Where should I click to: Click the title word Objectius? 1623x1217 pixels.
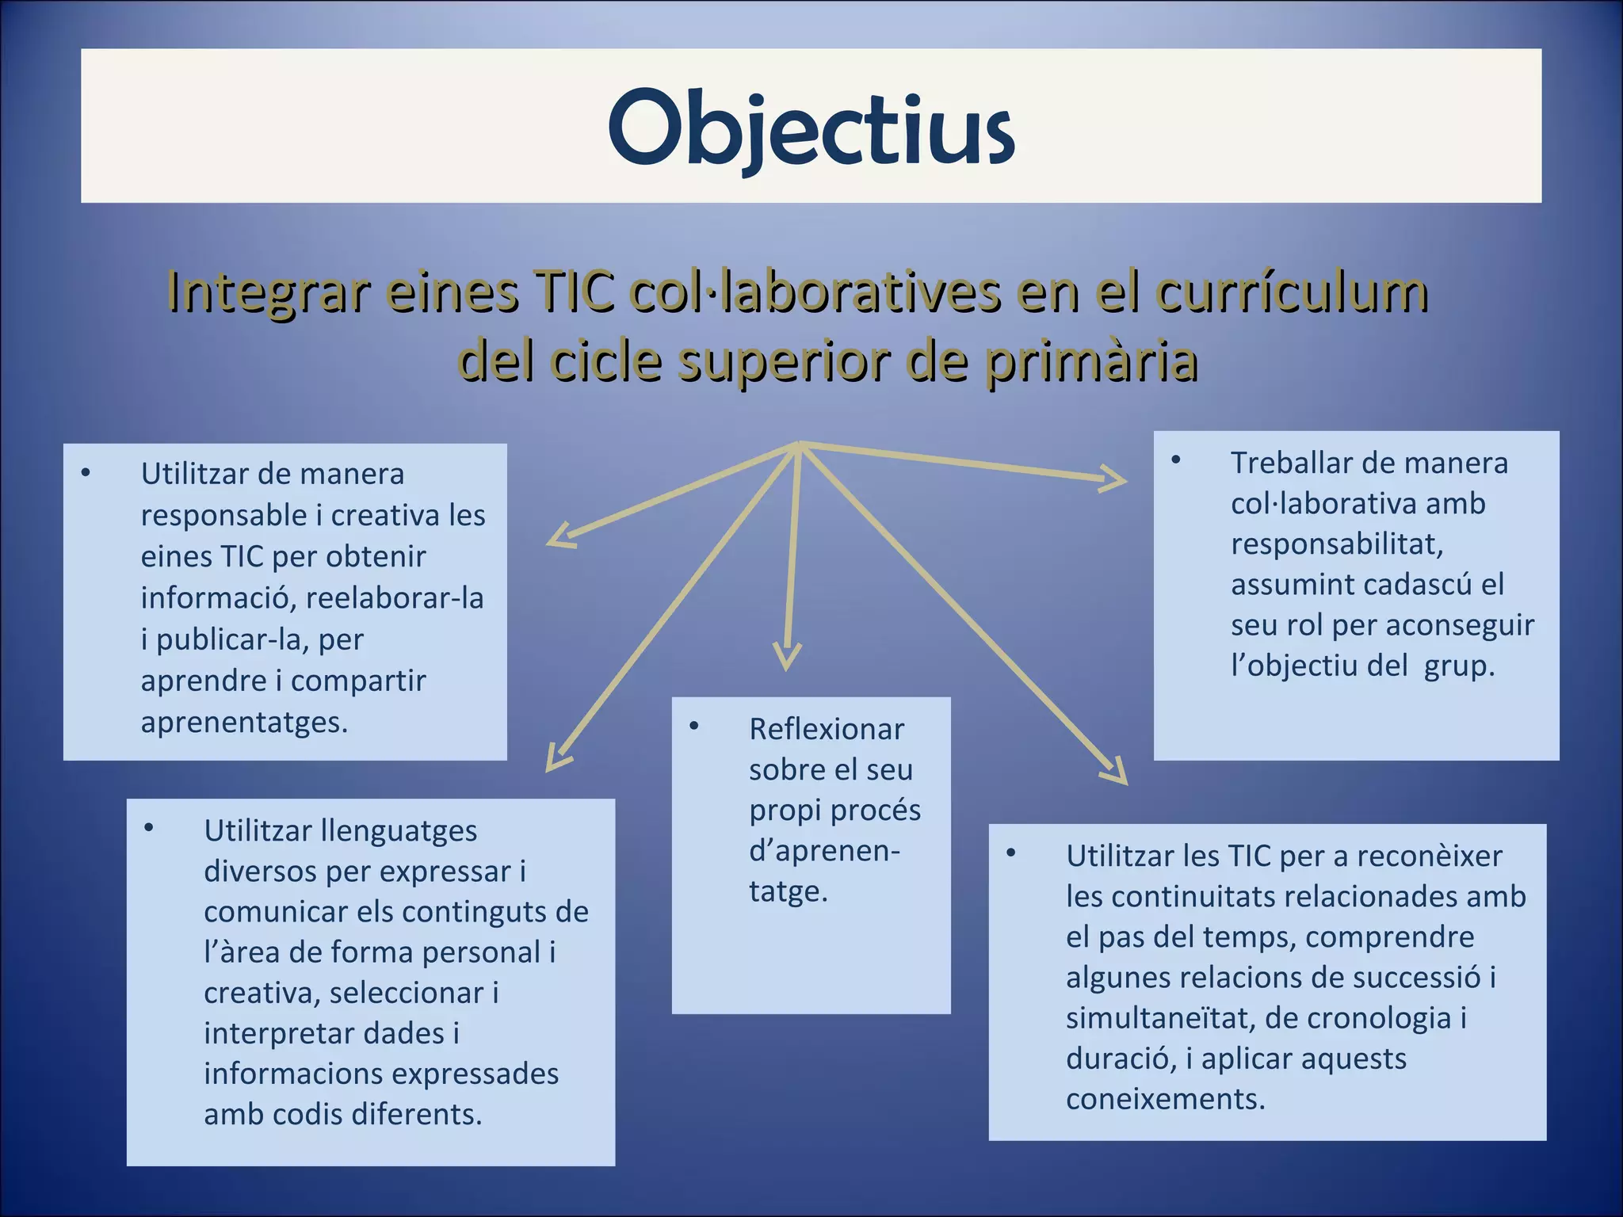(811, 127)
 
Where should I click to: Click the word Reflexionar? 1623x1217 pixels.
(826, 729)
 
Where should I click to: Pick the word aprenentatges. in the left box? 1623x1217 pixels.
(244, 722)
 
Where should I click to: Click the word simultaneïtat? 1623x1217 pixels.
(1157, 1017)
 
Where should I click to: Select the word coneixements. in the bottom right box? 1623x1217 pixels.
(1165, 1099)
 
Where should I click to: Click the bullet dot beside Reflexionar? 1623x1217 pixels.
(694, 727)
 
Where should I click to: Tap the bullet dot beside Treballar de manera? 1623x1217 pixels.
(1176, 460)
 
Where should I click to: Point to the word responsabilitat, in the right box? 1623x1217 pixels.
(1337, 544)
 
